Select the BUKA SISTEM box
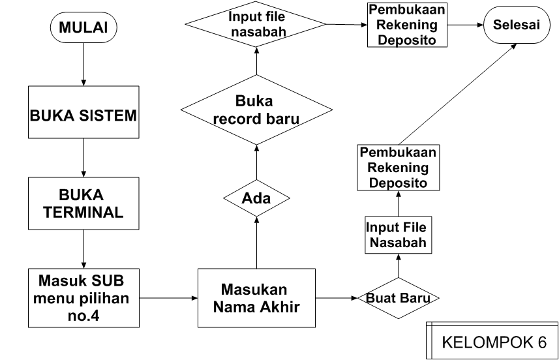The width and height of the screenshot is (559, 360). tap(84, 117)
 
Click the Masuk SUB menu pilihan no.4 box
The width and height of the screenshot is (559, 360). tap(84, 297)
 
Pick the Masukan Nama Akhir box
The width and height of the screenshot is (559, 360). tap(256, 297)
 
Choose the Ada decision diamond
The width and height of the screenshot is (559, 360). tap(256, 198)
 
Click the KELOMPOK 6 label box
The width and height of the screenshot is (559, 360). tap(492, 342)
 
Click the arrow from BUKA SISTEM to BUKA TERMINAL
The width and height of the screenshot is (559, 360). tap(84, 157)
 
